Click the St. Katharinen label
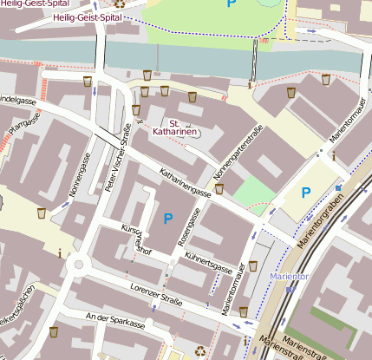click(175, 128)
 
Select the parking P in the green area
click(231, 4)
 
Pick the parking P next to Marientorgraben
click(304, 192)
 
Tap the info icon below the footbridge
click(250, 85)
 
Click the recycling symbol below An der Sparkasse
click(201, 350)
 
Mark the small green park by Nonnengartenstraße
click(251, 191)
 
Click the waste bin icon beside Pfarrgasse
click(41, 213)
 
